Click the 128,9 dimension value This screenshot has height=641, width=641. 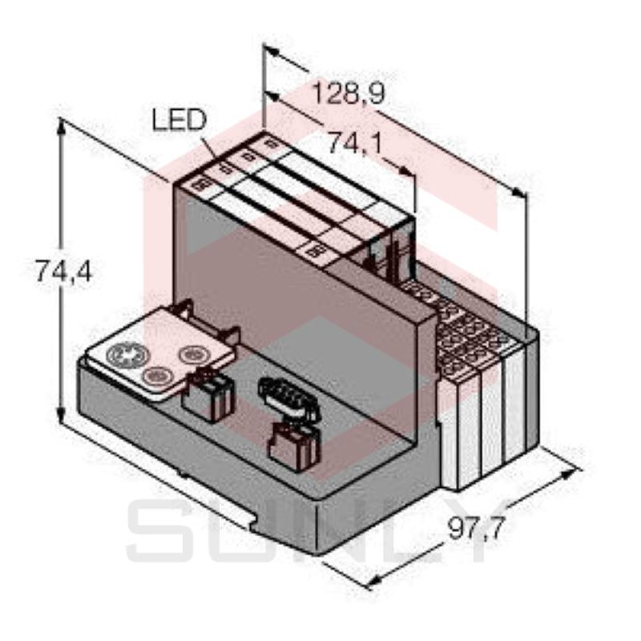coord(349,94)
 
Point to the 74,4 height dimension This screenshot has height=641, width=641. coord(64,271)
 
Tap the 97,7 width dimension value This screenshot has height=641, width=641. coord(477,528)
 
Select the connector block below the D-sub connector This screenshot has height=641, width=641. coord(294,446)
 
